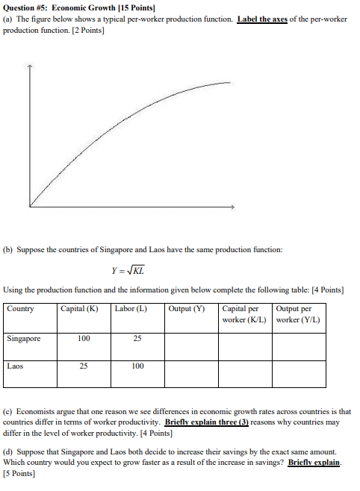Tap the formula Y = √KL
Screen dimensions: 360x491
[128, 270]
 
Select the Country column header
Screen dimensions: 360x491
[20, 309]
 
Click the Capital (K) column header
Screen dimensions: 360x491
[79, 309]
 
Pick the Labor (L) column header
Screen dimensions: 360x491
[131, 309]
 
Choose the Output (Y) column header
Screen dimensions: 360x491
[187, 309]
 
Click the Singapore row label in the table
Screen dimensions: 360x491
[24, 338]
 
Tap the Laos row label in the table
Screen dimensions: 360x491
[16, 366]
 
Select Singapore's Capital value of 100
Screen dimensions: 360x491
[84, 338]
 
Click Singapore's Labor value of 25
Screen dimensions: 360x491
[137, 338]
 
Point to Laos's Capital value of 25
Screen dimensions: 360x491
[84, 366]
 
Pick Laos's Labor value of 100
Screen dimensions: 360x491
[137, 366]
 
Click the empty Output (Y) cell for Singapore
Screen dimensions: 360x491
[191, 346]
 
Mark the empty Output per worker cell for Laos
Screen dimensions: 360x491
[299, 375]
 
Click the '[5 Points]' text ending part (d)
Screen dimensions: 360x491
[19, 474]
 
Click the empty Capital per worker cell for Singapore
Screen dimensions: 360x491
[245, 346]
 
